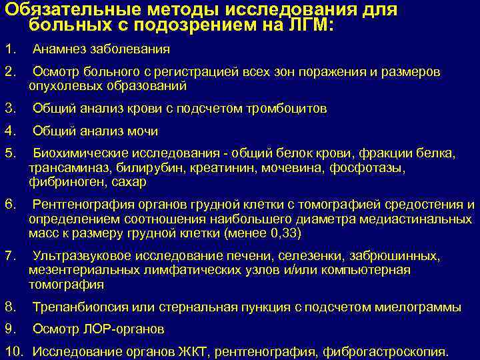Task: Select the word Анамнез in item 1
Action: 57,49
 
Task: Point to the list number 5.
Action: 9,153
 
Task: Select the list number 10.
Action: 13,351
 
